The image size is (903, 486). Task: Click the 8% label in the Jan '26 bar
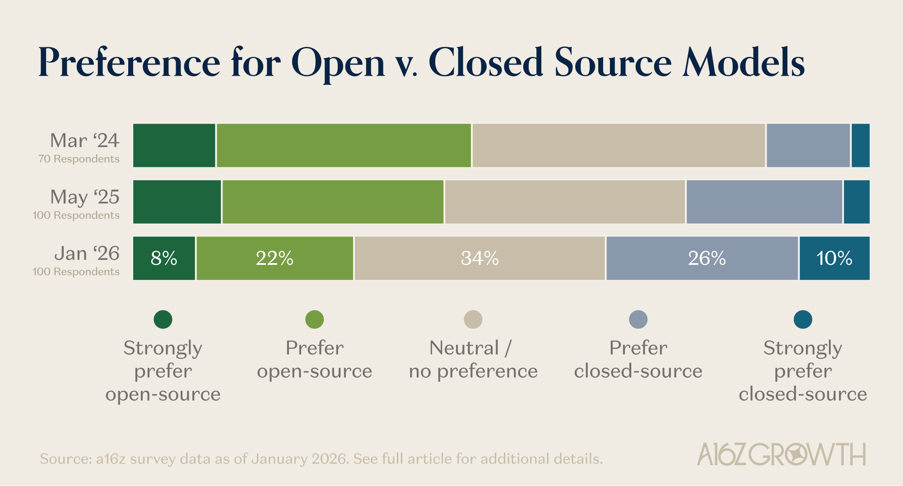click(164, 259)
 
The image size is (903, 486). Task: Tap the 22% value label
click(275, 259)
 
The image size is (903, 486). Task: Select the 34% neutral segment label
click(479, 259)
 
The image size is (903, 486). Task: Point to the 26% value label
click(707, 259)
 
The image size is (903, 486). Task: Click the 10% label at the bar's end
click(834, 259)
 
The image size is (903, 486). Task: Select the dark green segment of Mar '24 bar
click(174, 145)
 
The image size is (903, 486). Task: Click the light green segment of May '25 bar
click(333, 202)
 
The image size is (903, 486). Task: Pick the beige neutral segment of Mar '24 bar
click(619, 145)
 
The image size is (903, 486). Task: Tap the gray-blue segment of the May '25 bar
click(764, 202)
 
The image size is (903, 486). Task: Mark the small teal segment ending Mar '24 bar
click(861, 145)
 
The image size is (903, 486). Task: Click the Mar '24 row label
click(84, 141)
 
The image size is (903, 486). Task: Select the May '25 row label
click(84, 197)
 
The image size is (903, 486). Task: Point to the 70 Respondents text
click(79, 159)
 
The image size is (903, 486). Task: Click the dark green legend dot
click(163, 319)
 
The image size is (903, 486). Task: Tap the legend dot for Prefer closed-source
click(638, 319)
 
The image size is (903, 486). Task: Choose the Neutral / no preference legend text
click(473, 360)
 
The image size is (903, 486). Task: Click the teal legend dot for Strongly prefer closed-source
click(803, 319)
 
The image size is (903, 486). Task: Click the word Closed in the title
click(486, 63)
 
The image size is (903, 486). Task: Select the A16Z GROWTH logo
click(781, 454)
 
